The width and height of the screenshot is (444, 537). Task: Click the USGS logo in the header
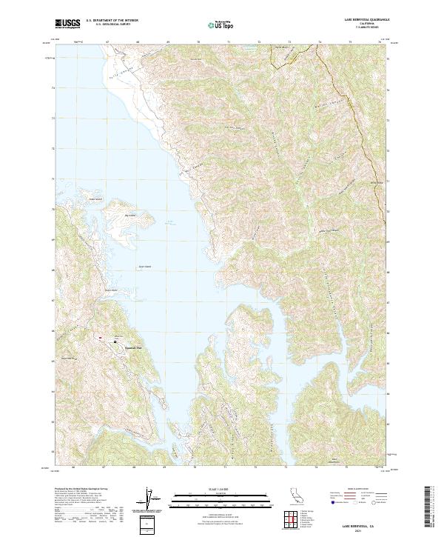point(67,24)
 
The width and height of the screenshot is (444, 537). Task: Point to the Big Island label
point(131,216)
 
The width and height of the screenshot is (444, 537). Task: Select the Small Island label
point(95,199)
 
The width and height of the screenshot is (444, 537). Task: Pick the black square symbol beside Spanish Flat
point(115,341)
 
